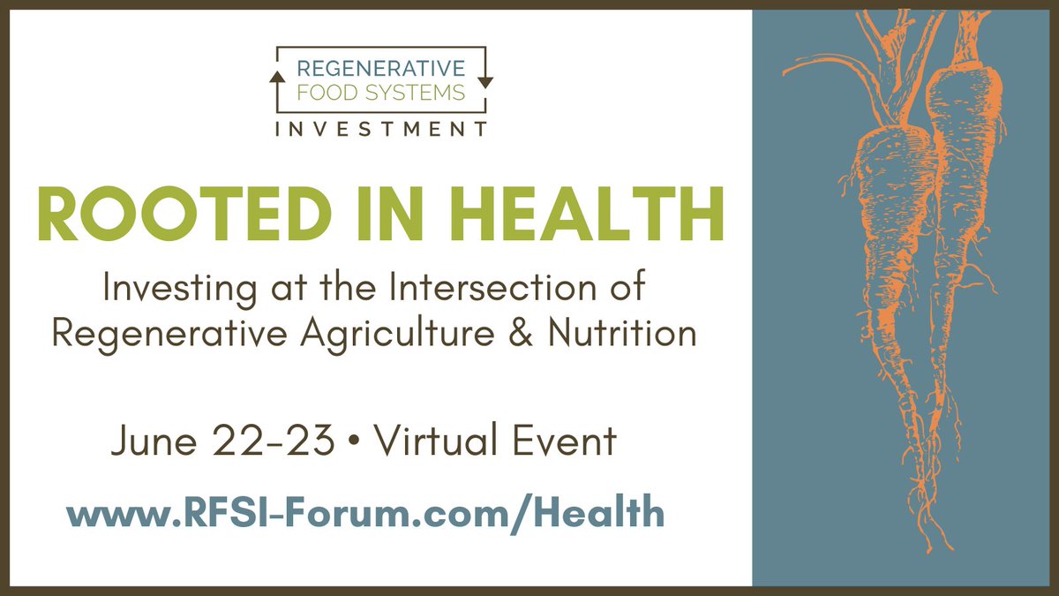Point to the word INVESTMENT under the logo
click(380, 130)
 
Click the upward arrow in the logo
click(274, 78)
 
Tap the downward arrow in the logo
click(488, 79)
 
